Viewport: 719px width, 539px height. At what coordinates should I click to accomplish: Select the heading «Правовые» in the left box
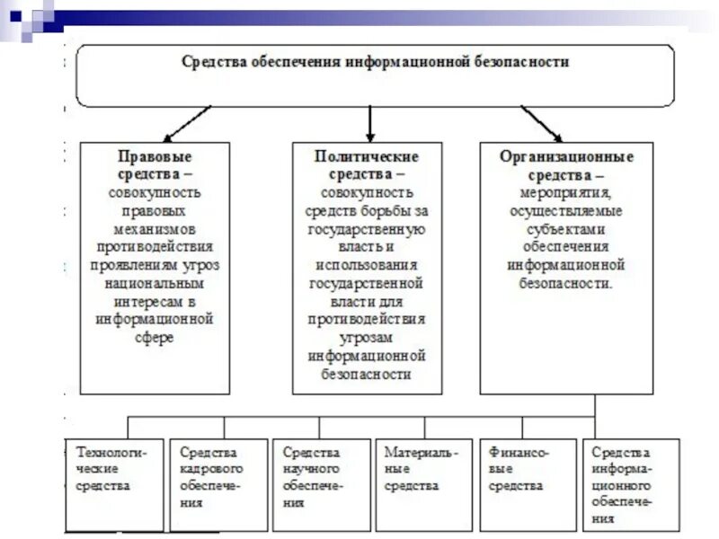pyautogui.click(x=154, y=156)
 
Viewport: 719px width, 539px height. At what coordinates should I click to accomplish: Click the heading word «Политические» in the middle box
pyautogui.click(x=367, y=156)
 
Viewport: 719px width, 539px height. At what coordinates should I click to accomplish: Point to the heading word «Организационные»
pyautogui.click(x=566, y=156)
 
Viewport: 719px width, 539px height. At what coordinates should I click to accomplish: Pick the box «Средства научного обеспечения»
pyautogui.click(x=320, y=484)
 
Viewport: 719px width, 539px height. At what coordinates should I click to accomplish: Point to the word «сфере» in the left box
pyautogui.click(x=154, y=338)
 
